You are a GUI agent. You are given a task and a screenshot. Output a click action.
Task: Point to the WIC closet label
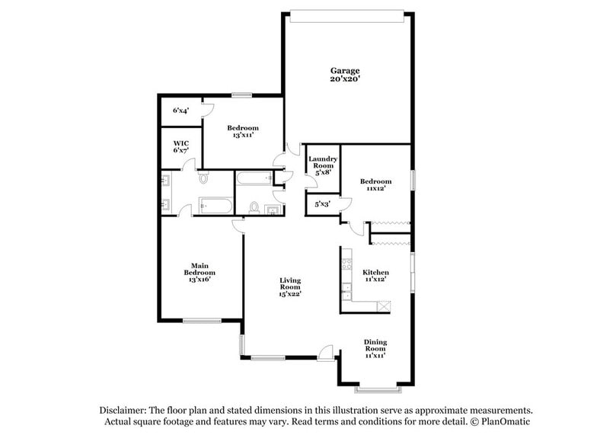click(x=180, y=142)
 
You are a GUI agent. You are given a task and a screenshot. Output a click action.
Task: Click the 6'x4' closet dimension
click(x=180, y=110)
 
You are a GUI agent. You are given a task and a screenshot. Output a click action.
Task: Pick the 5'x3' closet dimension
click(x=322, y=203)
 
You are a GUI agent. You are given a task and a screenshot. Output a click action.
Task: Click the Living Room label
click(x=290, y=284)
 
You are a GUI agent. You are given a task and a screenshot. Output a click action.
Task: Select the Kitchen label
click(x=375, y=272)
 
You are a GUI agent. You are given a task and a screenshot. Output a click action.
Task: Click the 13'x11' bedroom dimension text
click(x=243, y=135)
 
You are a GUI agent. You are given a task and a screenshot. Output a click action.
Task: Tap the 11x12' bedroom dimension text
click(x=375, y=189)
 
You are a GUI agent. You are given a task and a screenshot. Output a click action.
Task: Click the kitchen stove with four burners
click(x=346, y=264)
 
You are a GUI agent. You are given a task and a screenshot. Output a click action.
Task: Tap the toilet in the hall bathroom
click(x=254, y=207)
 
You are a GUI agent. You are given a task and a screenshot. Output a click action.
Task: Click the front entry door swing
click(x=326, y=351)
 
